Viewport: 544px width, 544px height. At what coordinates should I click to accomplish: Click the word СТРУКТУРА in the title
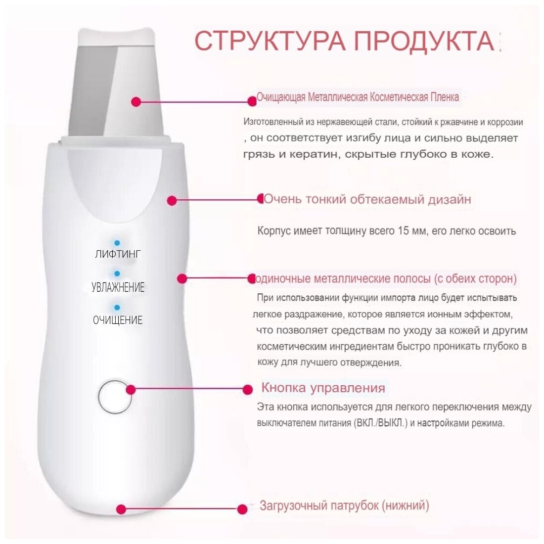coord(270,41)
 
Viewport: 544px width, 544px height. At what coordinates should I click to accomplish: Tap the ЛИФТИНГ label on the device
coord(118,254)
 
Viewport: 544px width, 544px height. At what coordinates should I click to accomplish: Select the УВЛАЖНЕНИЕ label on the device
coord(118,287)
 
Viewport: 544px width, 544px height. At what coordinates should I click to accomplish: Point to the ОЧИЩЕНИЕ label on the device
coord(118,319)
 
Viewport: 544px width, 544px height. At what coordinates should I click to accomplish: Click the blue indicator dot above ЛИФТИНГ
coord(117,243)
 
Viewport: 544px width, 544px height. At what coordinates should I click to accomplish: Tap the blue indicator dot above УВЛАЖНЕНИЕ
coord(117,274)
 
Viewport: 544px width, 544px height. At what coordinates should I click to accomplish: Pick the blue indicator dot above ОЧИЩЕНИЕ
coord(117,308)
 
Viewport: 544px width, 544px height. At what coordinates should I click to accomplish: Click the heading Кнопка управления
coord(323,388)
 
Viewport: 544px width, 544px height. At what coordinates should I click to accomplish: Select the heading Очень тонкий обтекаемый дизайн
coord(367,199)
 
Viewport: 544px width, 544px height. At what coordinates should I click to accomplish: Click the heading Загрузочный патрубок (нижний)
coord(344,505)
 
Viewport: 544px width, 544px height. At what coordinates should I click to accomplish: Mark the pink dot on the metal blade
coord(136,102)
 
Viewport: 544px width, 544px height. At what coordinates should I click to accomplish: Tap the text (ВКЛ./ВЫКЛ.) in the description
coord(380,423)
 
